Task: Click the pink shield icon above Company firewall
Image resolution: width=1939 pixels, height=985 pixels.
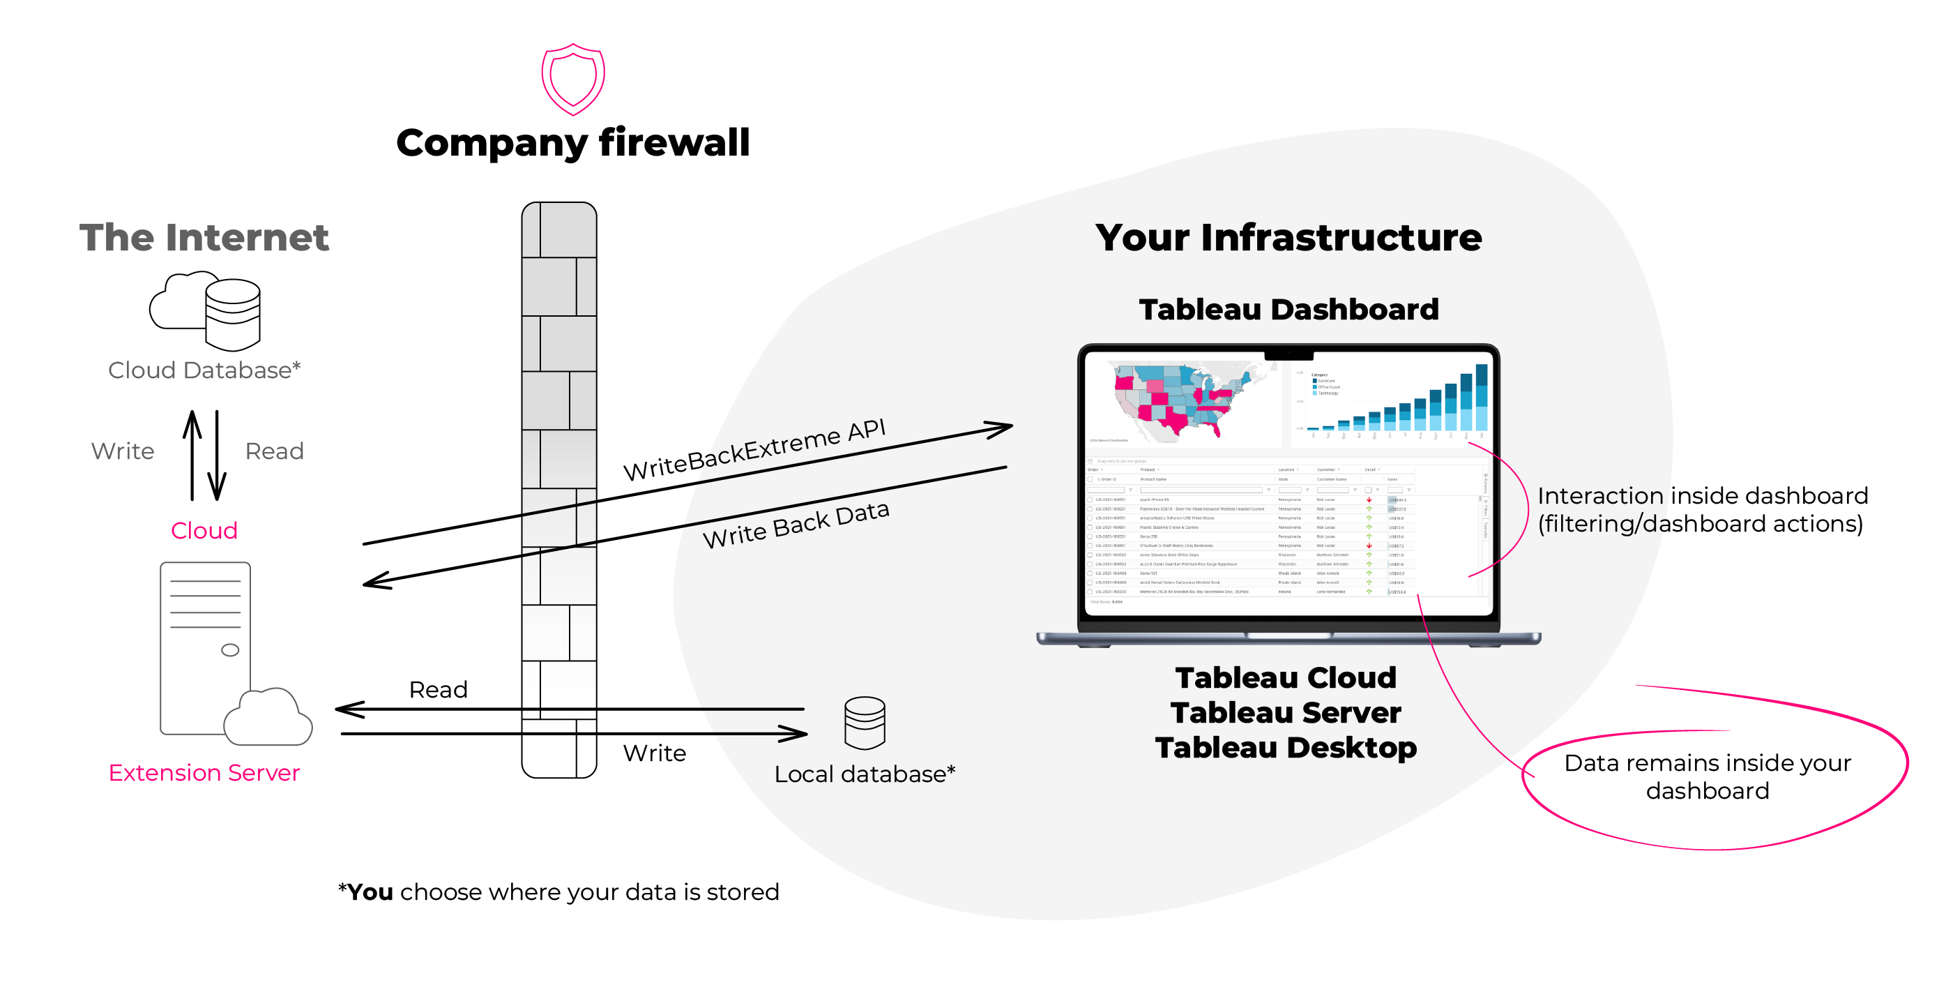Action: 573,79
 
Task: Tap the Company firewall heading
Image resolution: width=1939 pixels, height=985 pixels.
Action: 573,142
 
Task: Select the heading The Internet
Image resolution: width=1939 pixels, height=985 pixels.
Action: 204,237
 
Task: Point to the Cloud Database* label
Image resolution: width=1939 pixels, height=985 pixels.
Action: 204,370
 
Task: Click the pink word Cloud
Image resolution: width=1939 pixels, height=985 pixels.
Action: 204,530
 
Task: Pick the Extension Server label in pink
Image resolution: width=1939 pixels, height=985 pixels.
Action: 204,773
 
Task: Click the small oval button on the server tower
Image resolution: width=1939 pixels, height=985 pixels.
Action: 229,650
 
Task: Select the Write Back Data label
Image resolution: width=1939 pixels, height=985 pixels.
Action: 796,525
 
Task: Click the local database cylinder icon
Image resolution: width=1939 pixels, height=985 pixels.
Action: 865,723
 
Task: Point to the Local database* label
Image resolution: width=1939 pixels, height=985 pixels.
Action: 865,774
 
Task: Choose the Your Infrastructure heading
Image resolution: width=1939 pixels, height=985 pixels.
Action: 1288,237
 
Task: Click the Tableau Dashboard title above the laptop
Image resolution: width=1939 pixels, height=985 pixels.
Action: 1288,310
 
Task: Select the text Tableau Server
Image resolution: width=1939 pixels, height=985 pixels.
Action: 1286,712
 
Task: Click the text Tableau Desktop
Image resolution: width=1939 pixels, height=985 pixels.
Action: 1286,748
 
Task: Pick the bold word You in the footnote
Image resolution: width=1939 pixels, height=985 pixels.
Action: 370,892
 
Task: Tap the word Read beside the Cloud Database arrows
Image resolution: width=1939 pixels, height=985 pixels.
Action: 275,451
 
